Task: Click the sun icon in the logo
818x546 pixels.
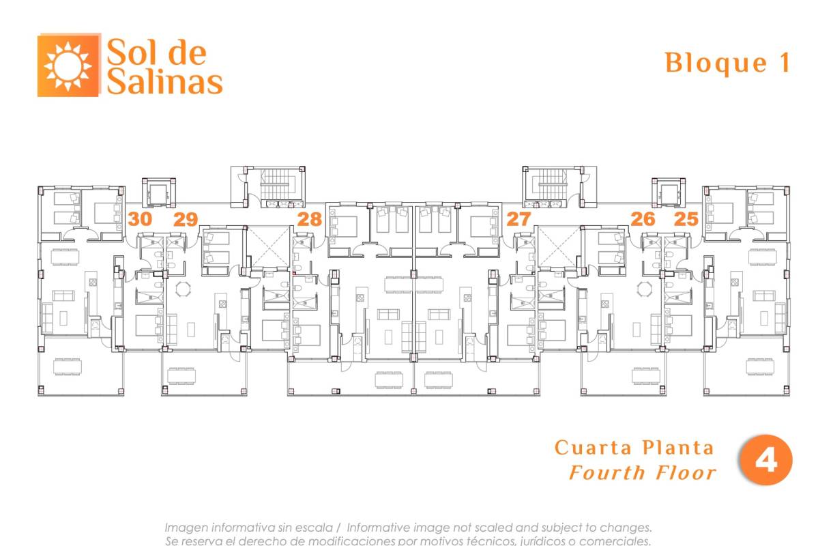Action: pyautogui.click(x=68, y=66)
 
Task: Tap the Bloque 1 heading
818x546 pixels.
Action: pyautogui.click(x=728, y=63)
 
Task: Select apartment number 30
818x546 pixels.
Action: pyautogui.click(x=140, y=219)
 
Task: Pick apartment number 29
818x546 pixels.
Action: pyautogui.click(x=186, y=219)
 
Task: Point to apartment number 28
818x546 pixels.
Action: pyautogui.click(x=310, y=219)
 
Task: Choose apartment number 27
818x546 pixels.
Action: pyautogui.click(x=518, y=219)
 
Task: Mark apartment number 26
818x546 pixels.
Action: pyautogui.click(x=643, y=219)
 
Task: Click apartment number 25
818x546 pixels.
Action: pyautogui.click(x=686, y=219)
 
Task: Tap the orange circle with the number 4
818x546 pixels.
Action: pyautogui.click(x=765, y=460)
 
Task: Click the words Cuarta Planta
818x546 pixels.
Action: pyautogui.click(x=634, y=447)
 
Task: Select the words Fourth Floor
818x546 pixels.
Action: pyautogui.click(x=643, y=473)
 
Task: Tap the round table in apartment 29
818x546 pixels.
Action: pyautogui.click(x=184, y=289)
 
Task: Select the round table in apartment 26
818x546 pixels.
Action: pyautogui.click(x=645, y=289)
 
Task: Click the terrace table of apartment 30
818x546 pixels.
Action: pyautogui.click(x=68, y=367)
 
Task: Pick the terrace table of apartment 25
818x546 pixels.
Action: pyautogui.click(x=760, y=367)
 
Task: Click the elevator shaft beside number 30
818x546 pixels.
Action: pyautogui.click(x=158, y=192)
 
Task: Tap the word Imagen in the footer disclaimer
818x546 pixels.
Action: pyautogui.click(x=187, y=528)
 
